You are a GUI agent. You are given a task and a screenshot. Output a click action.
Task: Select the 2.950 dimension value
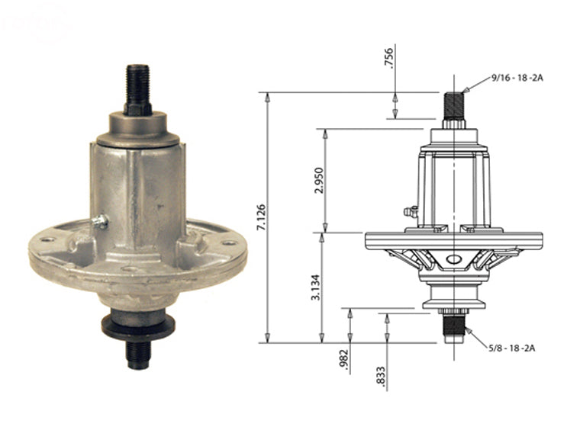pyautogui.click(x=319, y=181)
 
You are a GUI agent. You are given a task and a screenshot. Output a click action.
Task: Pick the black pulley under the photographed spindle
pyautogui.click(x=138, y=323)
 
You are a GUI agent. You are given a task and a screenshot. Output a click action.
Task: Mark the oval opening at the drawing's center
pyautogui.click(x=454, y=259)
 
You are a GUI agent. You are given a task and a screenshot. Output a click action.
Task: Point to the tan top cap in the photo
pyautogui.click(x=137, y=126)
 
